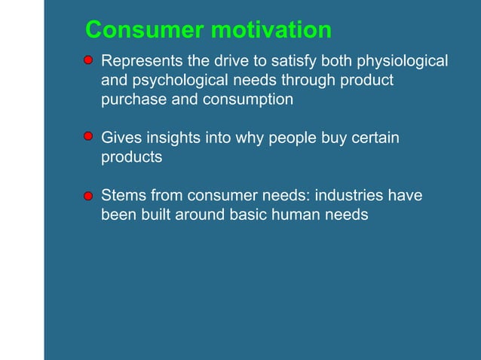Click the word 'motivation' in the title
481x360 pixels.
(271, 30)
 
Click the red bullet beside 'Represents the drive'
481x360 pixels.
(88, 59)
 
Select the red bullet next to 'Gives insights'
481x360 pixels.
(88, 136)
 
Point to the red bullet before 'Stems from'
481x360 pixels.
(88, 196)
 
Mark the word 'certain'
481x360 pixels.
(373, 139)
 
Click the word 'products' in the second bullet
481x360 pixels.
(132, 158)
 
